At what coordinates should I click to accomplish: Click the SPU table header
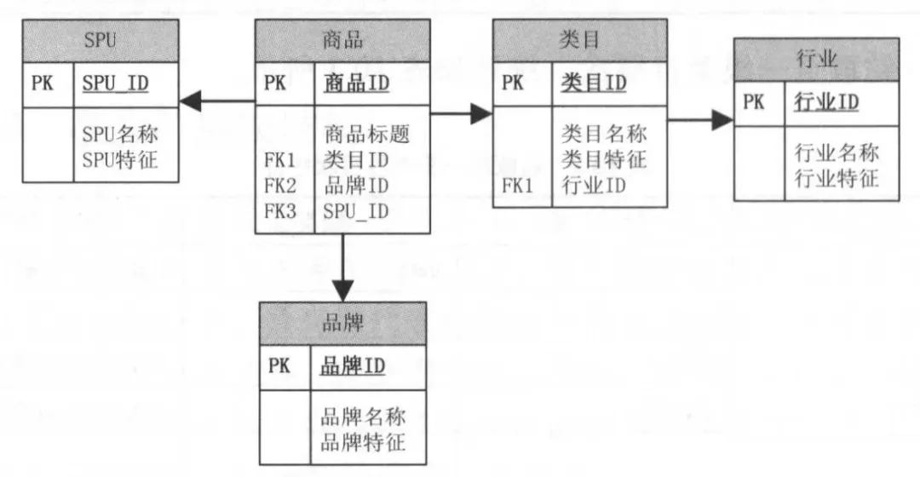(101, 41)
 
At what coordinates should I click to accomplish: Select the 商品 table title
(342, 41)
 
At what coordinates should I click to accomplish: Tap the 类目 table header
(580, 40)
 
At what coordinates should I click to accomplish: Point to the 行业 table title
(816, 60)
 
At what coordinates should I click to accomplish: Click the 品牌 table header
(342, 324)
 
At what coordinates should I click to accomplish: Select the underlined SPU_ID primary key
(115, 83)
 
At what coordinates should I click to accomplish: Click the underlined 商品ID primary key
(356, 83)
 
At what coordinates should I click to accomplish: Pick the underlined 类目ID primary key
(593, 83)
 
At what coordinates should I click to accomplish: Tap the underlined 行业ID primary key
(826, 102)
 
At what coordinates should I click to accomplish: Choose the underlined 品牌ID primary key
(353, 366)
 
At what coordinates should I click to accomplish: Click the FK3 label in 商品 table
(280, 211)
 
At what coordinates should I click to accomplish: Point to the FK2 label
(280, 186)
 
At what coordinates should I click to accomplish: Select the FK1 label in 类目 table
(517, 186)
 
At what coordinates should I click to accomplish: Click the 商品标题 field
(366, 135)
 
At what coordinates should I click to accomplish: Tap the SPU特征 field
(120, 159)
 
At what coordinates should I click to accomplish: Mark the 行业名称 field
(837, 152)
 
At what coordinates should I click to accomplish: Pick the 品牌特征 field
(363, 442)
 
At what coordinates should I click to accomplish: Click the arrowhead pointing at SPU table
(190, 101)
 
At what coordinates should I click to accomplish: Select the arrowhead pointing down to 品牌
(342, 291)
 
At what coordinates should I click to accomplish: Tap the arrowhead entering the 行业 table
(723, 120)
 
